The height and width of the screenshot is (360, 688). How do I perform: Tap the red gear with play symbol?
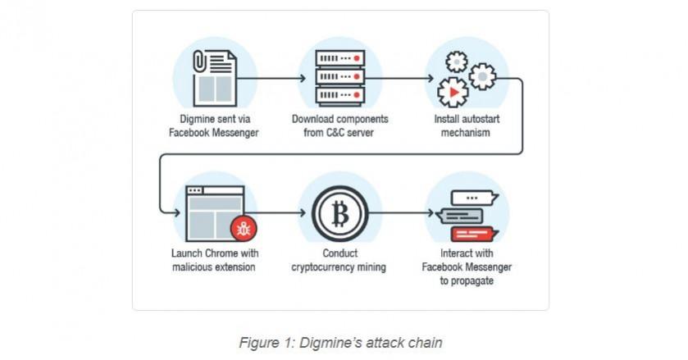(x=451, y=93)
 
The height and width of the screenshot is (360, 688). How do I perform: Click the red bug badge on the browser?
(x=244, y=226)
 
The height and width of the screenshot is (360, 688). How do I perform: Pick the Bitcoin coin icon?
(x=339, y=214)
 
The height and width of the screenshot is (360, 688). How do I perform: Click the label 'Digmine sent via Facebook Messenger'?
(x=216, y=125)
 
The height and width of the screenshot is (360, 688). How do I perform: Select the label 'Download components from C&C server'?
(x=339, y=125)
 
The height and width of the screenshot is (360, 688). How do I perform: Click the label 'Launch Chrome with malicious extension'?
(x=216, y=260)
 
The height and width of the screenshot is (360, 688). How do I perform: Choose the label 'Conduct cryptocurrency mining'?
(x=339, y=260)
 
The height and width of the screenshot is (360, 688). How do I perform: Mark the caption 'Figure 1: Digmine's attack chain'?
(x=339, y=343)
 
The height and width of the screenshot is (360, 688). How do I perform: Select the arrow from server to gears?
(x=401, y=79)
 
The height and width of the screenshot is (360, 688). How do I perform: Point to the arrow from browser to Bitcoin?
(x=276, y=213)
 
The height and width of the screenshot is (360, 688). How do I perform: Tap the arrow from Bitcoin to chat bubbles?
(x=401, y=213)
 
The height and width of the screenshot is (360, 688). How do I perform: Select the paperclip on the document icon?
(x=199, y=62)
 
